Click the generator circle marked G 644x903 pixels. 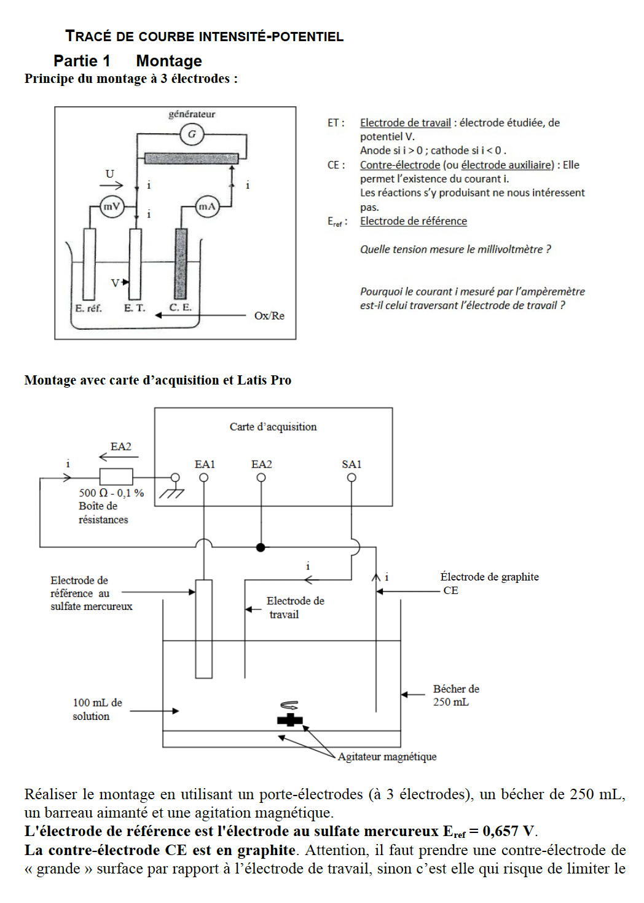tap(192, 135)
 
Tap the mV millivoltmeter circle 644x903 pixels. tap(112, 206)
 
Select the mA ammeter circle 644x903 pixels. tap(207, 206)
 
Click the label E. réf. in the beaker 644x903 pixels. tap(88, 308)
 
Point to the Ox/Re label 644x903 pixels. tap(269, 316)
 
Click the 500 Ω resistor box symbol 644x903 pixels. tap(116, 477)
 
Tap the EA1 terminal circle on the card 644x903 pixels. tap(204, 478)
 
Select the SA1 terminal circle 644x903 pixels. tap(351, 478)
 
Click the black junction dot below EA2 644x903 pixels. tap(261, 547)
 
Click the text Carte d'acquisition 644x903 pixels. tap(273, 426)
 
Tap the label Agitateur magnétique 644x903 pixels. tap(387, 757)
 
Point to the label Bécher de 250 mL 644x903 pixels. tap(456, 695)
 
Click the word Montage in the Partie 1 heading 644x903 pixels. tap(169, 61)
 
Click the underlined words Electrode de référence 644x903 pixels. tap(414, 221)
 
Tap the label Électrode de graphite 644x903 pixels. tap(490, 576)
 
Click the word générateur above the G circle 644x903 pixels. tap(192, 114)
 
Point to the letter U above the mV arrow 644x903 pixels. tap(109, 174)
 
